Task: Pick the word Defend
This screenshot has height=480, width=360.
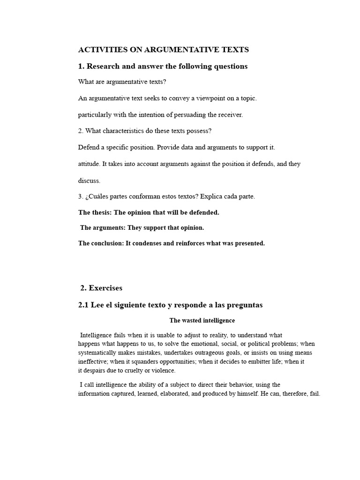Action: click(x=89, y=147)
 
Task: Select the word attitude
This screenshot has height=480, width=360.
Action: click(x=88, y=164)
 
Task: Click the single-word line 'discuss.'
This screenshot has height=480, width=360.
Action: click(x=89, y=180)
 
